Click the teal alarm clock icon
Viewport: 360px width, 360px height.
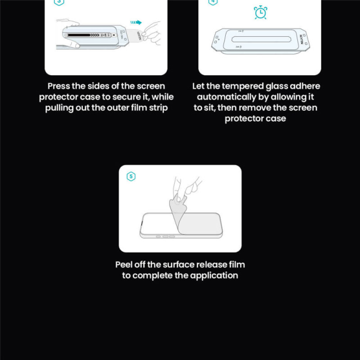260,12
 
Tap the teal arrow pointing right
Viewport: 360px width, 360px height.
136,22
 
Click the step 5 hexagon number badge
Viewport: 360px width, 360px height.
131,176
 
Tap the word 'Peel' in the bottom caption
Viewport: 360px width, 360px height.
123,265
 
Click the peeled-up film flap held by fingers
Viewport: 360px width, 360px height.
178,208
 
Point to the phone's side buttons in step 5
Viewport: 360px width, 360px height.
165,237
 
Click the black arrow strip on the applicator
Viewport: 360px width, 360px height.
83,35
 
